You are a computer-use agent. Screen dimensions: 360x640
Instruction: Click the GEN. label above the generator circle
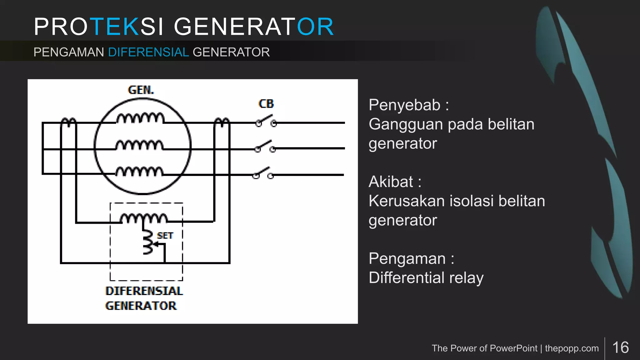(x=141, y=90)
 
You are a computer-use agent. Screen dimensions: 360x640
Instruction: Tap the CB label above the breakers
(x=266, y=104)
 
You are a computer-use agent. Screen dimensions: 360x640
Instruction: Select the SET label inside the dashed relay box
(x=165, y=236)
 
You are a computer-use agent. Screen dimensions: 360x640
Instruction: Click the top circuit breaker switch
(x=266, y=121)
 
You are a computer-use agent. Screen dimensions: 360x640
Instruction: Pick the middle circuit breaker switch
(x=265, y=147)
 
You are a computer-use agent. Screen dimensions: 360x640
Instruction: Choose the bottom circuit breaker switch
(x=263, y=173)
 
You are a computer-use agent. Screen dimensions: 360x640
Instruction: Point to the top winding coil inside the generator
(x=140, y=118)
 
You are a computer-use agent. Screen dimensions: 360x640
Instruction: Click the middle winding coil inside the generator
(x=139, y=145)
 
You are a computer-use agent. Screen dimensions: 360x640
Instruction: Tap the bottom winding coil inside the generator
(x=139, y=172)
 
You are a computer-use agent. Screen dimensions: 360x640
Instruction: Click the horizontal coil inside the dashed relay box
(x=144, y=218)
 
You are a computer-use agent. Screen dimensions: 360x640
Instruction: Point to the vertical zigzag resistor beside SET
(x=147, y=242)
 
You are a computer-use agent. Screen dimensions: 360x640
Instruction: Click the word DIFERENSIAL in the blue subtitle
(x=148, y=52)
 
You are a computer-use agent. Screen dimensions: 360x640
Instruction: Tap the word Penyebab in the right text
(x=404, y=105)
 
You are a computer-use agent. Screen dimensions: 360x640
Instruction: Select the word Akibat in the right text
(x=391, y=182)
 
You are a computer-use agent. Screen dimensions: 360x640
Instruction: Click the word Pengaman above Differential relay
(x=407, y=259)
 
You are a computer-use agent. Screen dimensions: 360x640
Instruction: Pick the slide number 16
(x=621, y=347)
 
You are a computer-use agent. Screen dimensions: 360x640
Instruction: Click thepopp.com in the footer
(x=572, y=348)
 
